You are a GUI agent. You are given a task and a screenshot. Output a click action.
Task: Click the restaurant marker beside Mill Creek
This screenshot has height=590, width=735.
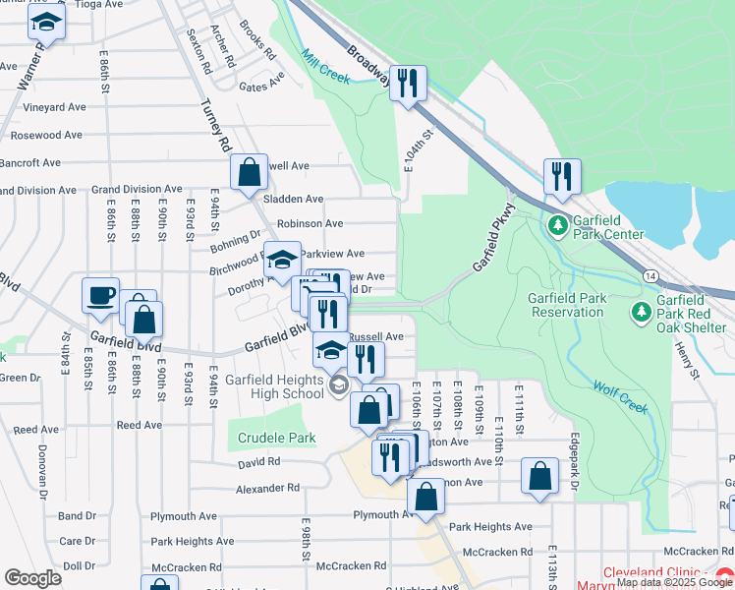[407, 83]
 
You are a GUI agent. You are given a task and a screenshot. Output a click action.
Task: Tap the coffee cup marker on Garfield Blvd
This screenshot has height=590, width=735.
[102, 296]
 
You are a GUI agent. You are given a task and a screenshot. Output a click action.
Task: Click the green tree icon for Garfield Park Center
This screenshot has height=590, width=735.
[558, 226]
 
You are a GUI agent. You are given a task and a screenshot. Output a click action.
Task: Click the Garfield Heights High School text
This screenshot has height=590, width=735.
[274, 386]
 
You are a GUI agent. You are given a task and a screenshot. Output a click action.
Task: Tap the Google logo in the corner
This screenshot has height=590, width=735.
[32, 578]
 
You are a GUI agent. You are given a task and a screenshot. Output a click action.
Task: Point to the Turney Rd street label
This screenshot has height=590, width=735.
[216, 125]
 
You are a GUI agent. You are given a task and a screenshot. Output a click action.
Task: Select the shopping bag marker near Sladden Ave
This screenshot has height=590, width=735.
[251, 171]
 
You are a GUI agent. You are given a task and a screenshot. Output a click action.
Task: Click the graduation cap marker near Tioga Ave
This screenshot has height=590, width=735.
[45, 22]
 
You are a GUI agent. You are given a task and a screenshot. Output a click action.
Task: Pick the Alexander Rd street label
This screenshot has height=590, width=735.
[267, 488]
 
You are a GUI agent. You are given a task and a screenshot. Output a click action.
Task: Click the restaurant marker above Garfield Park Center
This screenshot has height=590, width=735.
[562, 176]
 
